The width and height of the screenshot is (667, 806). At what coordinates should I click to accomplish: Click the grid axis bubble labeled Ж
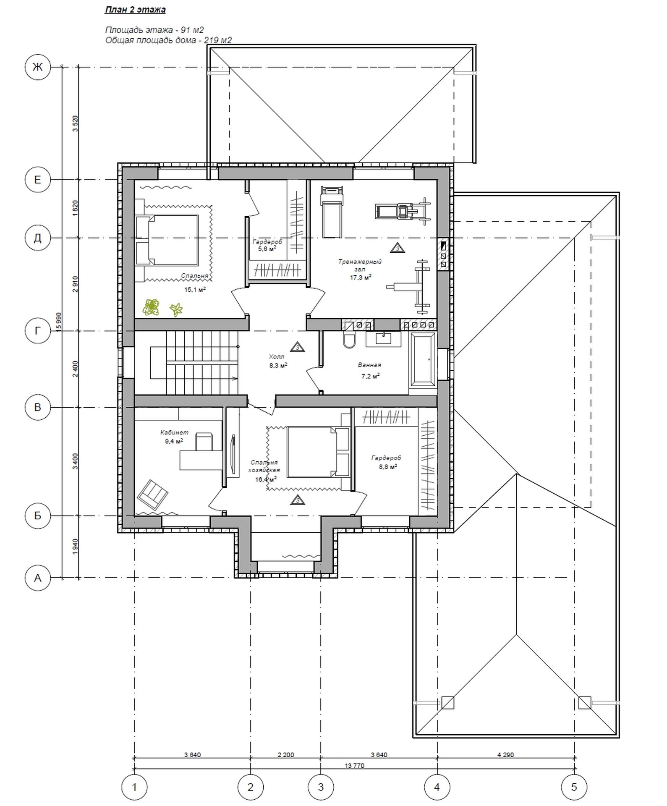(x=38, y=67)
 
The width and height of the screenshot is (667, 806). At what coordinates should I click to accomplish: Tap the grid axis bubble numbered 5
(x=574, y=787)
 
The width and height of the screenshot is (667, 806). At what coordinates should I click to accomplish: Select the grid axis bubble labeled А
(x=38, y=578)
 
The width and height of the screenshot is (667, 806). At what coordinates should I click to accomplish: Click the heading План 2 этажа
(x=135, y=10)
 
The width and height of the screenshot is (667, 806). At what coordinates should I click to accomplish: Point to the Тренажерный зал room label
(x=360, y=265)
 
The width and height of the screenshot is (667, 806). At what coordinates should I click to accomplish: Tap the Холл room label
(x=277, y=357)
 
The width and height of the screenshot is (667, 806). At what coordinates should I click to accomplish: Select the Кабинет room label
(x=174, y=432)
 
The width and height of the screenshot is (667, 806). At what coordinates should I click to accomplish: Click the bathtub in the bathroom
(x=423, y=360)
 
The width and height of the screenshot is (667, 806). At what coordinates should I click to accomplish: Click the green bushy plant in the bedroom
(x=151, y=307)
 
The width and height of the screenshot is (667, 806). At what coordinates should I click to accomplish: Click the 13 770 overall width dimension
(x=354, y=765)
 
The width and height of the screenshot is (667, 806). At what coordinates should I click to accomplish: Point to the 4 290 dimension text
(x=505, y=754)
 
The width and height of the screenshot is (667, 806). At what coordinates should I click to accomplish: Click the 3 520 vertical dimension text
(x=75, y=123)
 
